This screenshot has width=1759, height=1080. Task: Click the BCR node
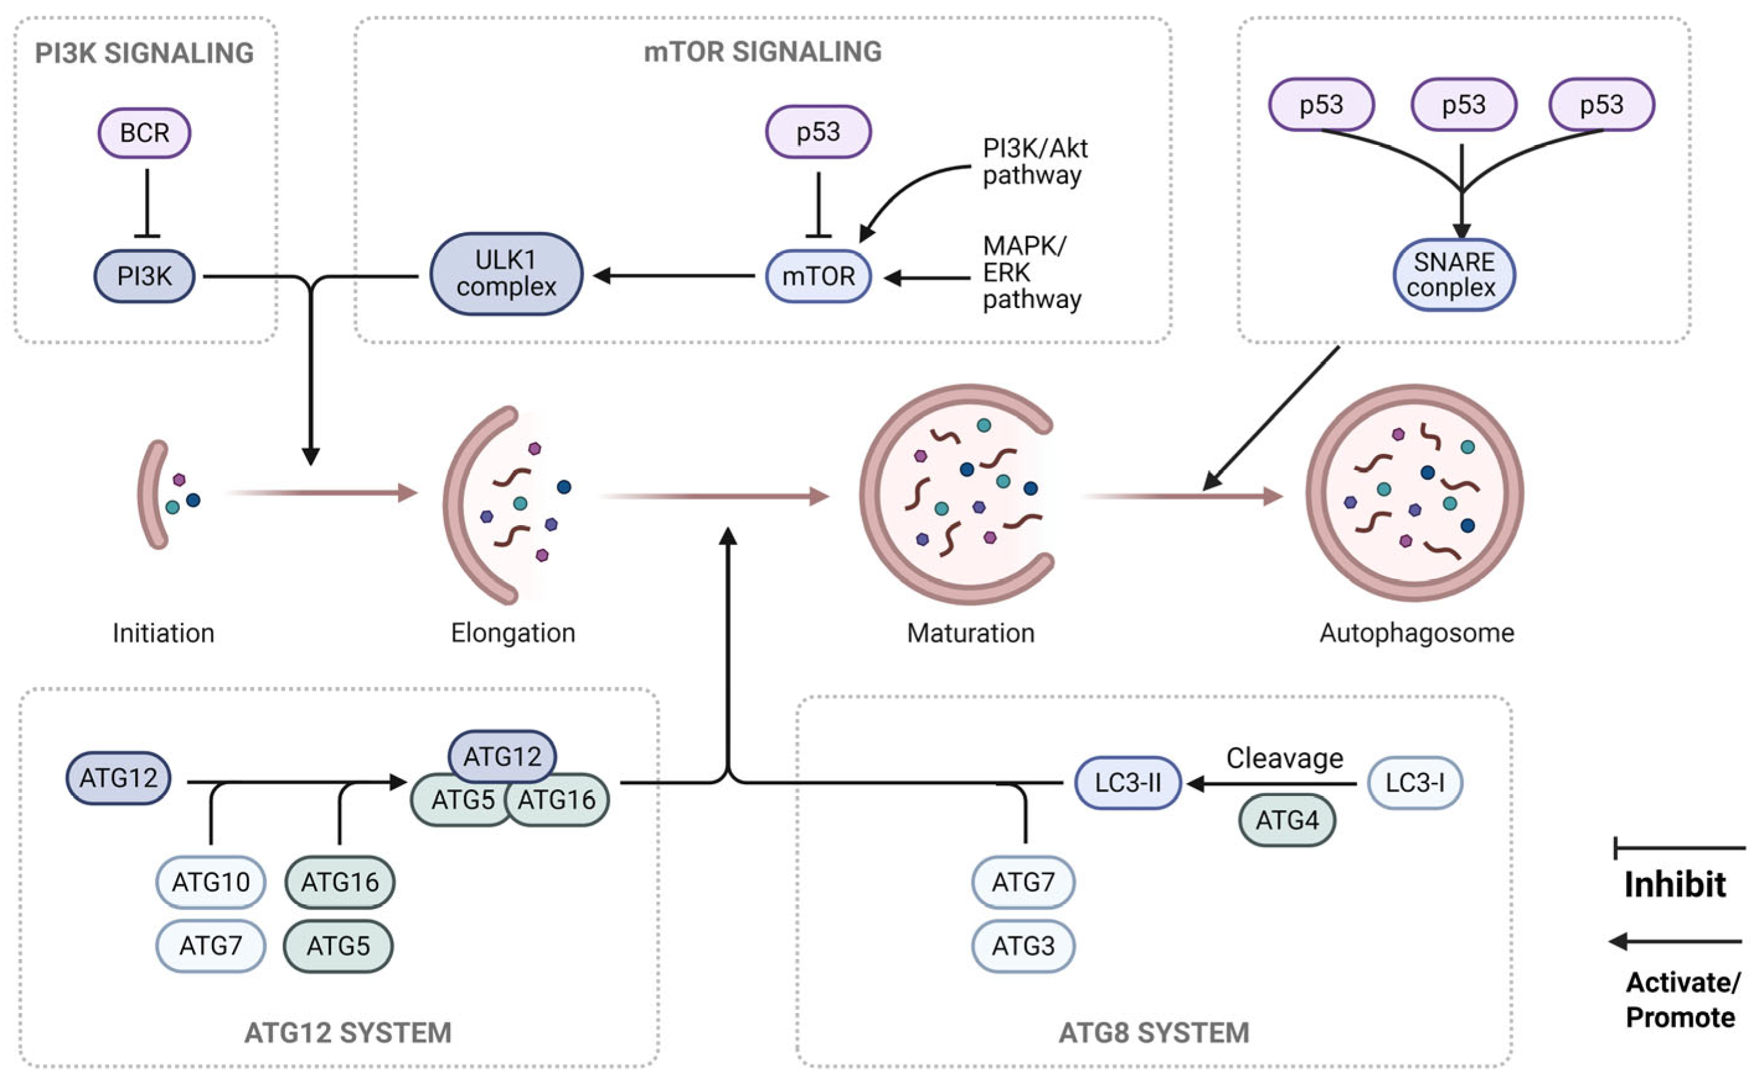point(144,133)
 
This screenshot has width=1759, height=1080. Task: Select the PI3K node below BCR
point(144,276)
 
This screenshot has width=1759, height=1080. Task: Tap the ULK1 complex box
point(507,273)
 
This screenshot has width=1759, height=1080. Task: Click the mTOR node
point(818,276)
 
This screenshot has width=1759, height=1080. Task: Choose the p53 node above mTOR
point(818,132)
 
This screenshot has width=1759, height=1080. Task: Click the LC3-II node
point(1127,783)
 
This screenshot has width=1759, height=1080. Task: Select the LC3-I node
point(1414,783)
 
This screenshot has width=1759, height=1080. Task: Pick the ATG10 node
point(211,882)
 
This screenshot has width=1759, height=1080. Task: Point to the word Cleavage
point(1284,758)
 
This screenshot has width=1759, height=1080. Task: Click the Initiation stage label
point(164,633)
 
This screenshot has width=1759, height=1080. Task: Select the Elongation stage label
point(513,633)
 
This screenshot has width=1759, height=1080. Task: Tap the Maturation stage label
point(970,633)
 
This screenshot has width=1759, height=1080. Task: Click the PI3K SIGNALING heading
point(144,53)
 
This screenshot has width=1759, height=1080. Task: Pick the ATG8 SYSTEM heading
point(1153,1033)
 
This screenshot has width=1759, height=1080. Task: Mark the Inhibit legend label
point(1675,884)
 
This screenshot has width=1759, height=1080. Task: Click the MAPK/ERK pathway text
point(1030,272)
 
